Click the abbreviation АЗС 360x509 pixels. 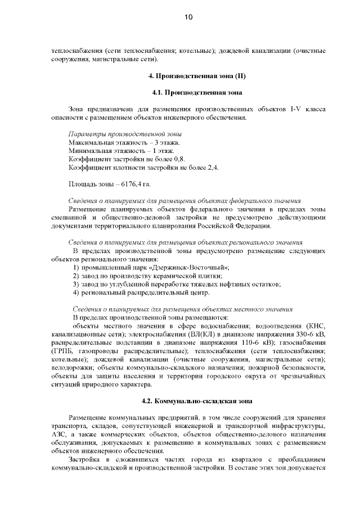point(59,435)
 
